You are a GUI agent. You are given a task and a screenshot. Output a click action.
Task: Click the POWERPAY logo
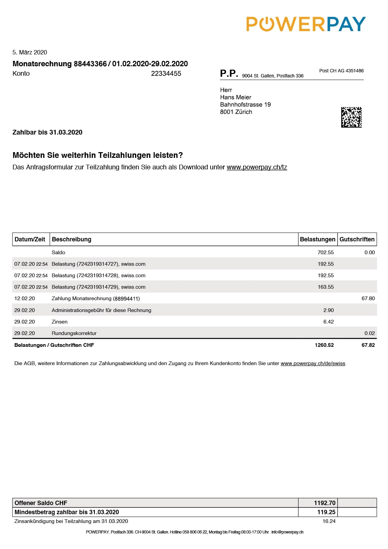pos(306,24)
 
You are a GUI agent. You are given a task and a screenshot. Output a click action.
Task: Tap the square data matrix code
pos(351,117)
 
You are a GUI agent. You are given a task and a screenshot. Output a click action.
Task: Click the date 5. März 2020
pos(30,52)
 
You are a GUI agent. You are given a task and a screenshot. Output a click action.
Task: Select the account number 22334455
pos(166,74)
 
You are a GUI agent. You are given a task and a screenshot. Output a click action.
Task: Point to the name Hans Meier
pos(236,97)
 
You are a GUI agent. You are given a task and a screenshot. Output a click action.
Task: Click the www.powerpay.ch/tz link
pos(257,167)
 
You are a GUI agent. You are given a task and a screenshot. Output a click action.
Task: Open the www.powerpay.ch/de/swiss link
pos(313,364)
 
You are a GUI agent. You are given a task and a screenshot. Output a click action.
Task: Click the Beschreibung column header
pos(72,239)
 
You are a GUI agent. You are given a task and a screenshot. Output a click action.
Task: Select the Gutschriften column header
pos(357,239)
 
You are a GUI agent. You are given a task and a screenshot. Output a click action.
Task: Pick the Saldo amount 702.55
pos(325,253)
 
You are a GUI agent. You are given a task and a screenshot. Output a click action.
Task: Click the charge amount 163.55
pos(325,287)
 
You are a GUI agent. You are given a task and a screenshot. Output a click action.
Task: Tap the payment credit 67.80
pos(368,299)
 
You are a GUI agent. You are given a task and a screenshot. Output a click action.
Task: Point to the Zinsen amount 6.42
pos(328,322)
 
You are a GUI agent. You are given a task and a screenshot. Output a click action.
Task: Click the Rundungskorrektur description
pos(74,333)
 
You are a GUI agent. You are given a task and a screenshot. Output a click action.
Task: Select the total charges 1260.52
pos(324,345)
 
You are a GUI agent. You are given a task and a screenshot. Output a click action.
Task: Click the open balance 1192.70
pos(324,503)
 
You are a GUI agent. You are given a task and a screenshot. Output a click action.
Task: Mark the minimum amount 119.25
pos(326,512)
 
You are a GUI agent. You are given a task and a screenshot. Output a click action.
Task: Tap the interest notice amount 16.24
pos(329,521)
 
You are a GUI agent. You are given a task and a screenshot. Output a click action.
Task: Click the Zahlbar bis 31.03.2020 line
pos(47,133)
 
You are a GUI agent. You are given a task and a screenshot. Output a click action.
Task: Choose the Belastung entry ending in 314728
pos(98,276)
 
